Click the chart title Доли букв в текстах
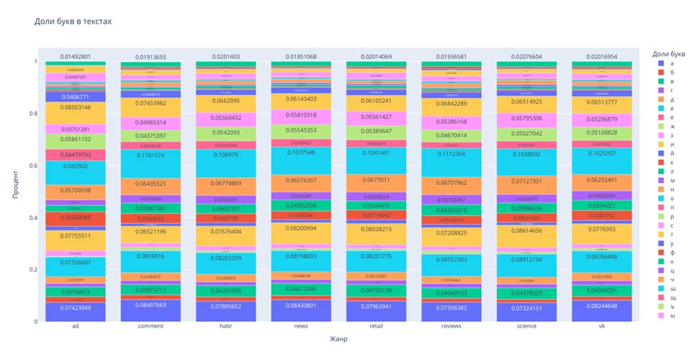point(73,22)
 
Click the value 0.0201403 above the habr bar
point(215,55)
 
